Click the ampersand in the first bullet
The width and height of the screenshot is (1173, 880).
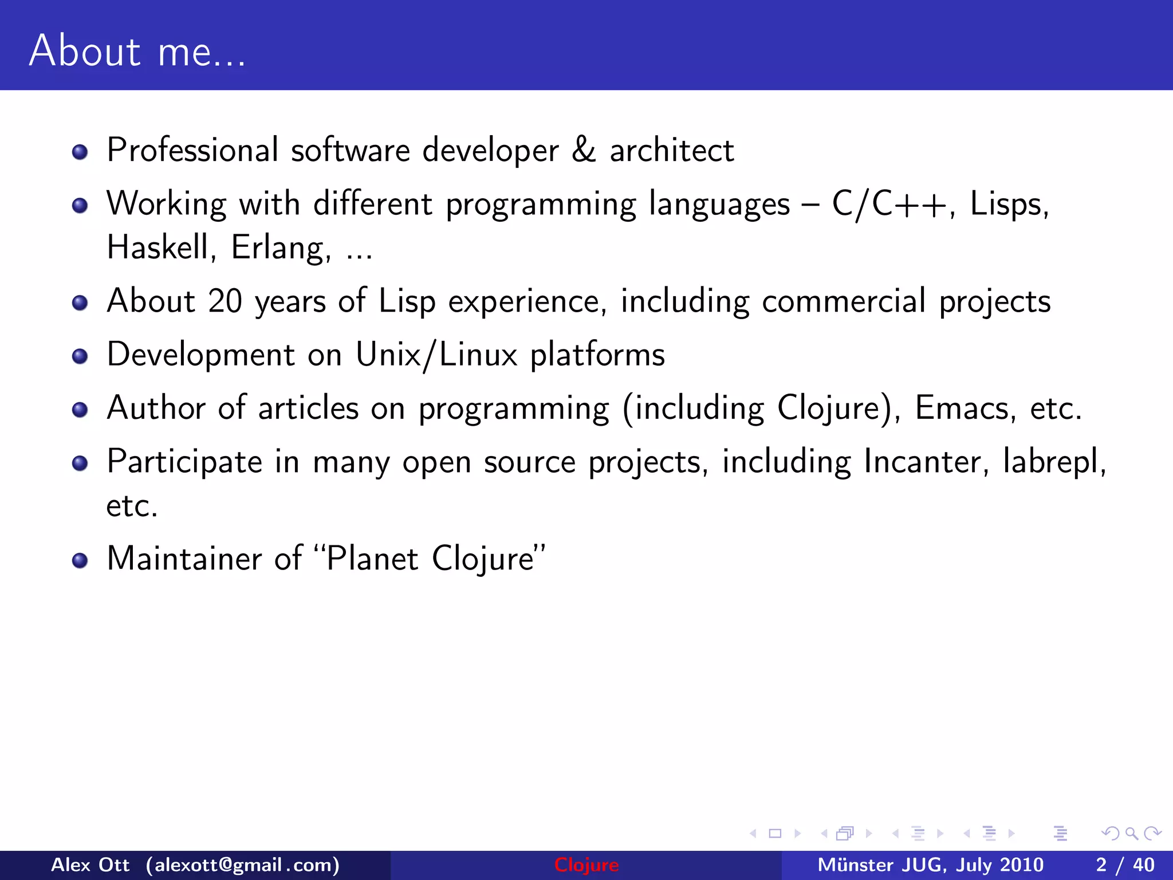pyautogui.click(x=583, y=150)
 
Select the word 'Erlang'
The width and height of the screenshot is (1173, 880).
pyautogui.click(x=281, y=247)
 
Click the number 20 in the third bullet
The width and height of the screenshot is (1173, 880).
pyautogui.click(x=225, y=301)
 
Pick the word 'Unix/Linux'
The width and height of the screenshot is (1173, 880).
pyautogui.click(x=436, y=355)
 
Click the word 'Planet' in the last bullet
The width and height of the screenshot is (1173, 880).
pyautogui.click(x=372, y=559)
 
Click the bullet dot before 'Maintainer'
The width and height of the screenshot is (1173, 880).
pyautogui.click(x=80, y=560)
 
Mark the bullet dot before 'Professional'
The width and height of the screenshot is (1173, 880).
pyautogui.click(x=80, y=152)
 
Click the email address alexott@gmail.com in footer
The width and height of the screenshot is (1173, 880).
pyautogui.click(x=243, y=865)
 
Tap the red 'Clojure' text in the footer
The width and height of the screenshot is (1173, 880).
pyautogui.click(x=586, y=865)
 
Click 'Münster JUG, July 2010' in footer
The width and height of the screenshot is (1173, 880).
pyautogui.click(x=930, y=865)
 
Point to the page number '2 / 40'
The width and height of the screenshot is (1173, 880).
pyautogui.click(x=1125, y=865)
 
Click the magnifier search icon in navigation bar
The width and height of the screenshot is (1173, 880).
pyautogui.click(x=1131, y=833)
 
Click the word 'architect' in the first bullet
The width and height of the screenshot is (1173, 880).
pyautogui.click(x=671, y=150)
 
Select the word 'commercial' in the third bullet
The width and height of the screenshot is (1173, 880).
pyautogui.click(x=843, y=301)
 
